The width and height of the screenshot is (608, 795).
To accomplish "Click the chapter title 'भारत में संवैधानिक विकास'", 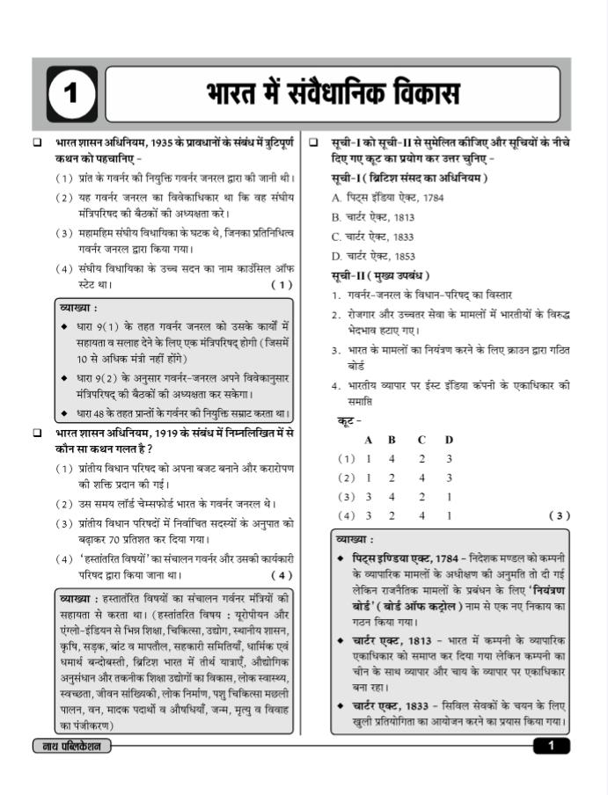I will (333, 94).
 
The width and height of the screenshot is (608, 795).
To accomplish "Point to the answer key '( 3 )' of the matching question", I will (559, 515).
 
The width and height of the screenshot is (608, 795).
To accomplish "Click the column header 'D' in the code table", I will (449, 440).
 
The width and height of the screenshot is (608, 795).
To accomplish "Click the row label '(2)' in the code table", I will (347, 478).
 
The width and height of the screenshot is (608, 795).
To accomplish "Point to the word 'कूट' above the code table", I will (350, 421).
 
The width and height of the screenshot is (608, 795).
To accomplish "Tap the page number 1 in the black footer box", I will (551, 746).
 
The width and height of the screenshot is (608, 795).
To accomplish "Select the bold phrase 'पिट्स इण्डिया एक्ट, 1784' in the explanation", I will (406, 558).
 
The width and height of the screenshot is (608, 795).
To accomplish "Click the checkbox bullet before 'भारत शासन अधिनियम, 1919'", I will (37, 434).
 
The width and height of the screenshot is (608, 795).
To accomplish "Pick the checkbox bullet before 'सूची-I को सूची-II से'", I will (314, 142).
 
